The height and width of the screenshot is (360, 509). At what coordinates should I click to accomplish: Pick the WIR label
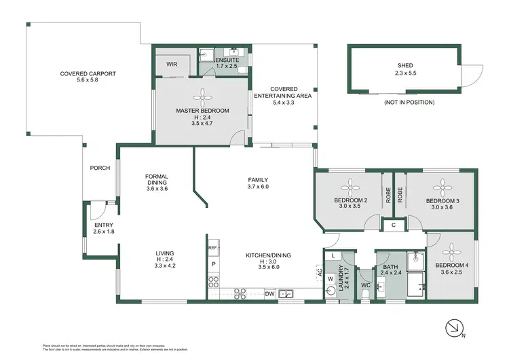tap(172, 64)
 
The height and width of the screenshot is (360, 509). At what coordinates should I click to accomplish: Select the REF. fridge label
tap(212, 248)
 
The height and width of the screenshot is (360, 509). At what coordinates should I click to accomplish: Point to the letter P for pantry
tap(213, 264)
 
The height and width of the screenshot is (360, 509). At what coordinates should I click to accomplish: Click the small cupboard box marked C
tap(394, 225)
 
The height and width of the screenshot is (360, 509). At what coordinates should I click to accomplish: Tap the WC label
tap(364, 285)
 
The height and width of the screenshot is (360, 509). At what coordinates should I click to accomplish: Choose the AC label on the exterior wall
tap(318, 273)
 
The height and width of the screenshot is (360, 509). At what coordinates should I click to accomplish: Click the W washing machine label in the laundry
tap(331, 278)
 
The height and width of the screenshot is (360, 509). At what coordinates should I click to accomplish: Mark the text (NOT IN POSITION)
tap(409, 103)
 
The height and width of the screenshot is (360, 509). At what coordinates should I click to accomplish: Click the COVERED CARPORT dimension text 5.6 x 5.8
tap(79, 80)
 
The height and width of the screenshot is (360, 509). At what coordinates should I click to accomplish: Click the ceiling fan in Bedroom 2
tap(350, 185)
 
